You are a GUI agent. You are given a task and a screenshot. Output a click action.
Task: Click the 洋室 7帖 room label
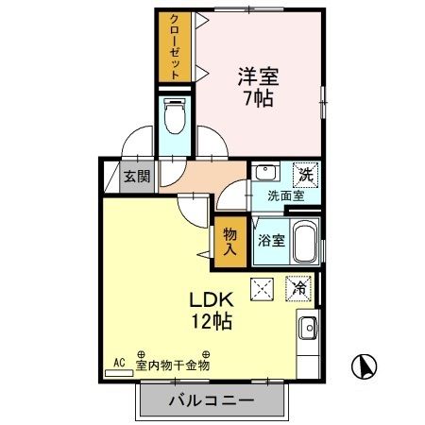[256, 85]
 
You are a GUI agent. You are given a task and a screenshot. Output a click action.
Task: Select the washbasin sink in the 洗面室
[265, 174]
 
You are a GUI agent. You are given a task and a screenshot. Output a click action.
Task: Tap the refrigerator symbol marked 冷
[298, 288]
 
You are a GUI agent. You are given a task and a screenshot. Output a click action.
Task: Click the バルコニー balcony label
[211, 400]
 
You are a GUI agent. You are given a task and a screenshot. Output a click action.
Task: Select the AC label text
[120, 363]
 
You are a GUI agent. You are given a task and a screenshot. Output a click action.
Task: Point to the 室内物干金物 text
[172, 365]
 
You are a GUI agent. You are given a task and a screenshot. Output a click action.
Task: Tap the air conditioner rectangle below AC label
[120, 373]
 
